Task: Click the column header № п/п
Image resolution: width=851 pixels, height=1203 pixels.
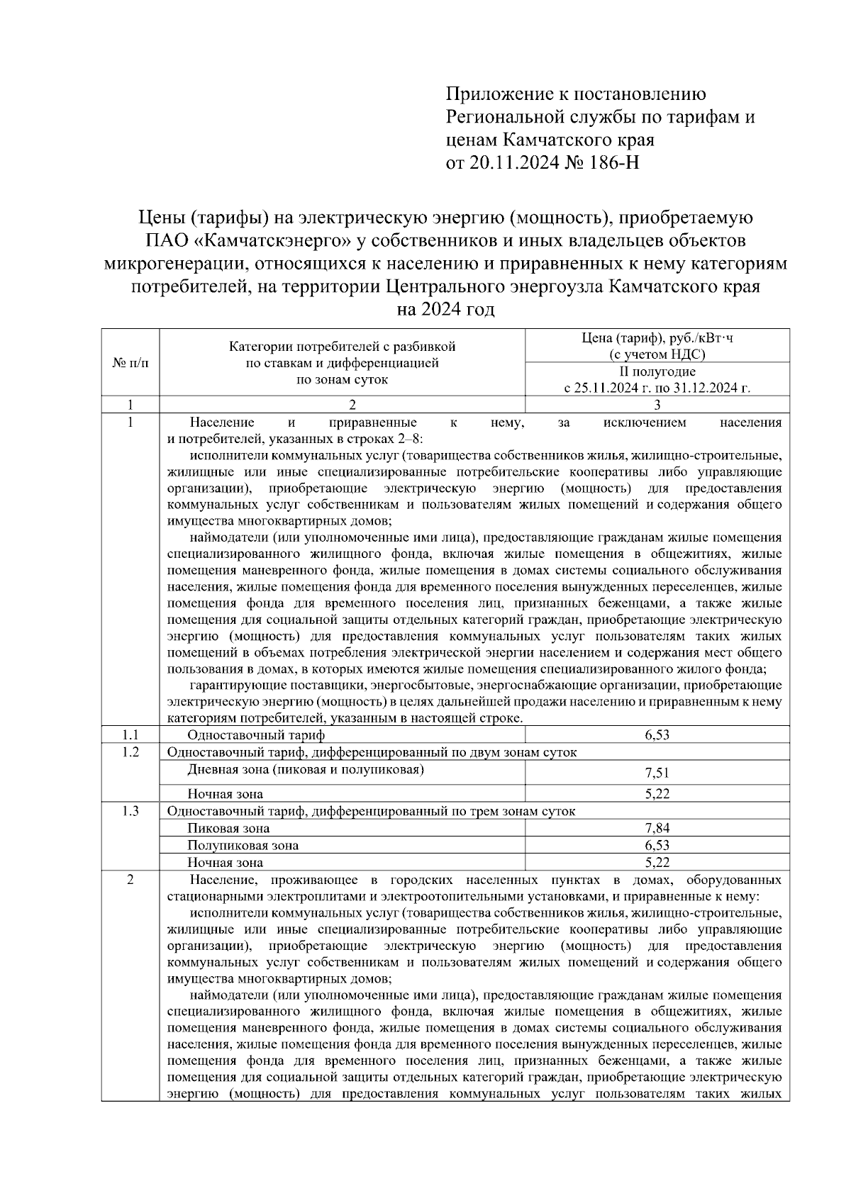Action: pos(130,363)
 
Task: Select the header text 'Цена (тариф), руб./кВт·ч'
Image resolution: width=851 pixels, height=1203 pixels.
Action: pos(657,337)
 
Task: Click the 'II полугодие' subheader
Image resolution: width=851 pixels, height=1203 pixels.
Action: pos(657,371)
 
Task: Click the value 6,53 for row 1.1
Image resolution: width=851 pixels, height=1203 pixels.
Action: pos(657,735)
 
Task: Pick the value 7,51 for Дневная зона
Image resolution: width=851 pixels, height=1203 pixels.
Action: pos(657,773)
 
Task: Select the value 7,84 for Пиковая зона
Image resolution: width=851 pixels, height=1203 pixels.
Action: pos(657,828)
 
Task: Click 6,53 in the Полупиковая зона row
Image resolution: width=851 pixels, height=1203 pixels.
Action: pos(657,845)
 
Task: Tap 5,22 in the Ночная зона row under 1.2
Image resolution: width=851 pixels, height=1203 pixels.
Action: pos(657,794)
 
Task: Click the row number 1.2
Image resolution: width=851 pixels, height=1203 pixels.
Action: pos(130,752)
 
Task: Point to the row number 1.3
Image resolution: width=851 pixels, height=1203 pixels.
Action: pos(130,812)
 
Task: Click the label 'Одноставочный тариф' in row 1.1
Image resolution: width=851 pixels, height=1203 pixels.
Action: pos(256,735)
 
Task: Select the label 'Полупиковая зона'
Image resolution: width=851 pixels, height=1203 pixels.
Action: pos(243,845)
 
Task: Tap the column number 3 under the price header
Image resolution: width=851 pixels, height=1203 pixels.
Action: pos(657,405)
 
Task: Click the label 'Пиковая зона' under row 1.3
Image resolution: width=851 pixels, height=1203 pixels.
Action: pos(228,828)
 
